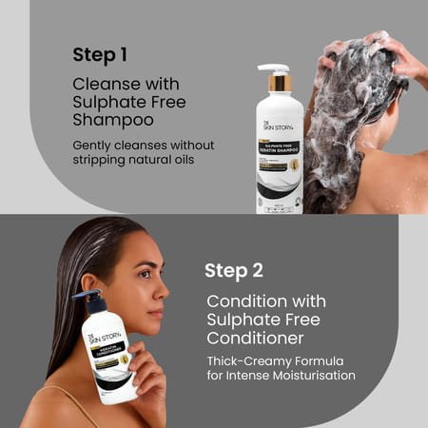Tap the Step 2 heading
pyautogui.click(x=234, y=270)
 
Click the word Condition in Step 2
pyautogui.click(x=244, y=302)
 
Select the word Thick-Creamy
pyautogui.click(x=249, y=360)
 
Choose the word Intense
pyautogui.click(x=251, y=376)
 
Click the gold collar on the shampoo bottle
pyautogui.click(x=280, y=85)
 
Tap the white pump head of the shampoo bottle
pyautogui.click(x=274, y=69)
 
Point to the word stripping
pyautogui.click(x=98, y=160)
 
